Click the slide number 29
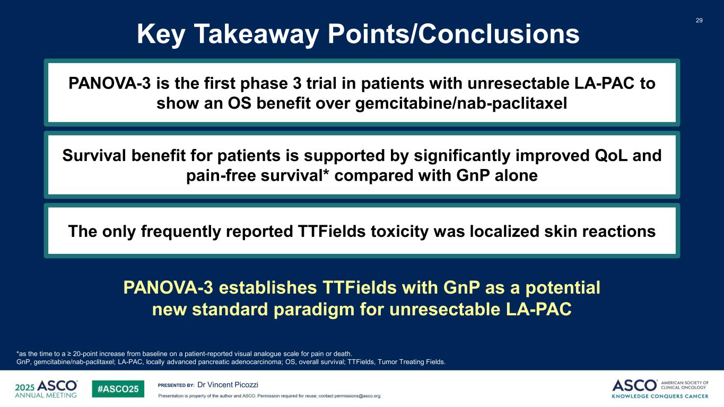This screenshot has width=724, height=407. click(x=699, y=20)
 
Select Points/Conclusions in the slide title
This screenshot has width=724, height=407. click(x=454, y=34)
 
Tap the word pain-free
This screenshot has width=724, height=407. click(x=221, y=176)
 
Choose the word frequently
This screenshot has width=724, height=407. click(x=181, y=232)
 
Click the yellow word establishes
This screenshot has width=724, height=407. click(x=268, y=287)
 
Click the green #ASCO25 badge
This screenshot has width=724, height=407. click(x=118, y=389)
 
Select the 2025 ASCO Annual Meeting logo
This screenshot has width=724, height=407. click(x=46, y=389)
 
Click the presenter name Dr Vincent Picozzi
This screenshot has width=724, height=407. click(x=228, y=385)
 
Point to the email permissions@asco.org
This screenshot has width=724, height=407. click(x=358, y=396)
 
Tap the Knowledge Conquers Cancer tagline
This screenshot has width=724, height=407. click(x=660, y=396)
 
